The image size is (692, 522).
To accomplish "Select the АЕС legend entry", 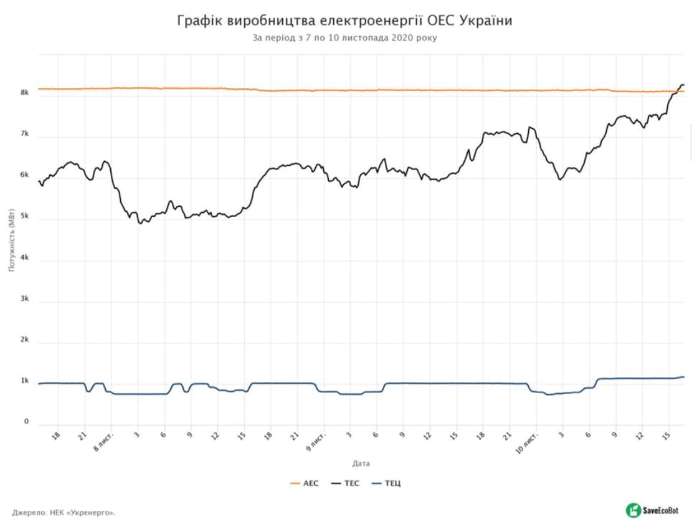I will (305, 483).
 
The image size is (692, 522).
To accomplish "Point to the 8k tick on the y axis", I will (25, 93).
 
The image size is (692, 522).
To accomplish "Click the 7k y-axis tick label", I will (25, 134).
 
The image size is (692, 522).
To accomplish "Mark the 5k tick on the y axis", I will (25, 216).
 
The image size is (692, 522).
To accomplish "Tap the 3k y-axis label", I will (25, 299).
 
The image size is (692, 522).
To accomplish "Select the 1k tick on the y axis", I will (25, 381).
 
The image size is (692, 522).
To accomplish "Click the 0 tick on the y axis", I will (26, 422).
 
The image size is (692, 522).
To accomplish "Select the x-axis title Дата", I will (361, 463).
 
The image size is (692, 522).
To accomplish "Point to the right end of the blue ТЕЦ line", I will (683, 377).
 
